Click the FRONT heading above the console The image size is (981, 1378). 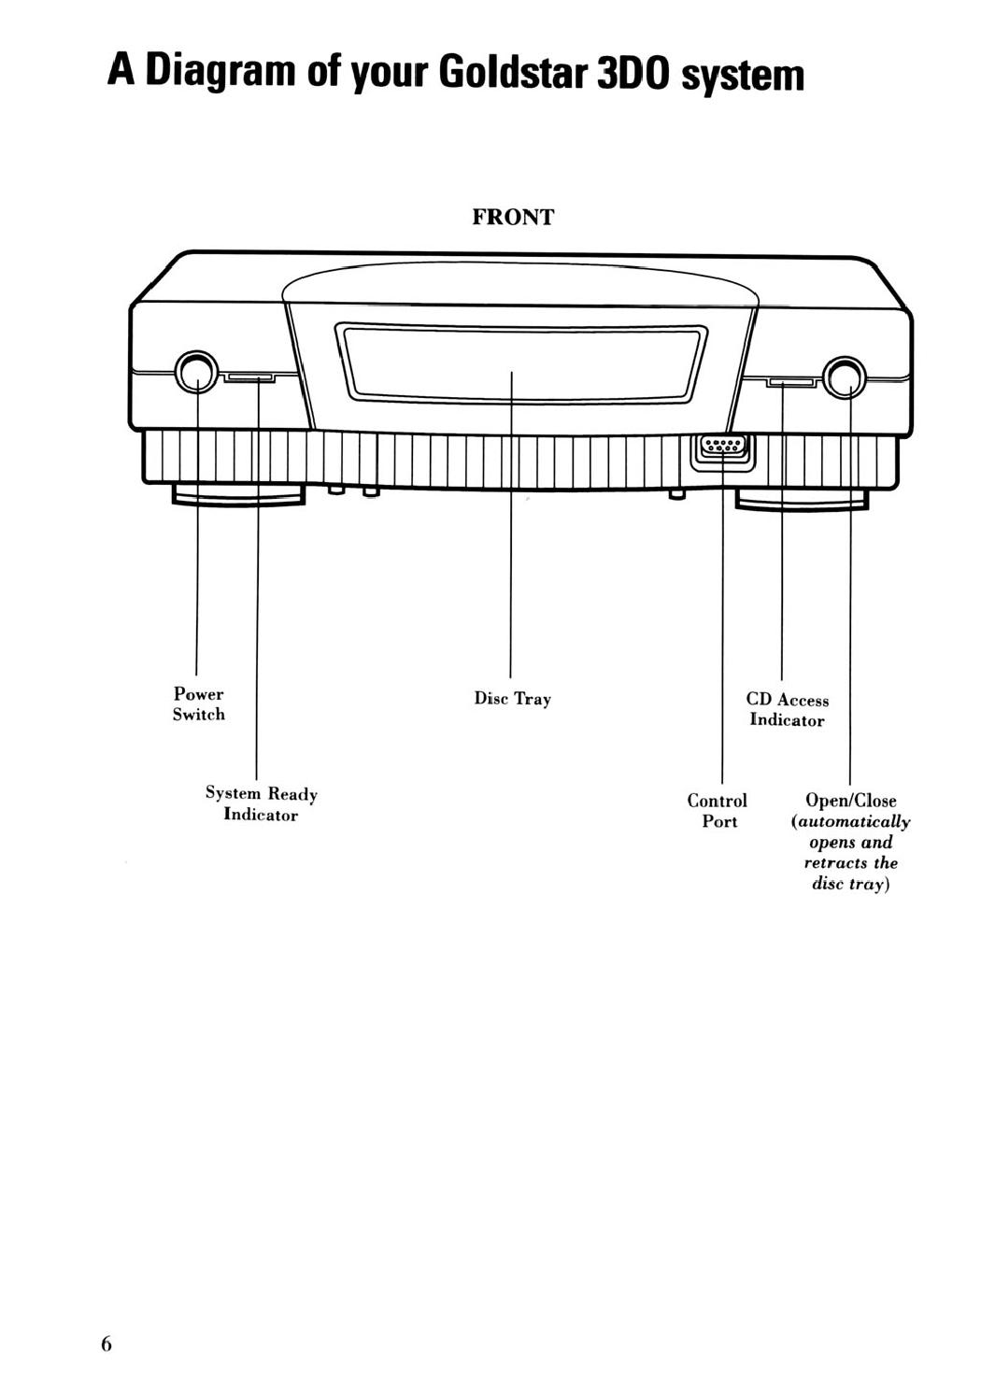click(513, 217)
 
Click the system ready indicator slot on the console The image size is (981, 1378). click(249, 377)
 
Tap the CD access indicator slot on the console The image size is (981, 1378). click(791, 383)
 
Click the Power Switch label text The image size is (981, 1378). click(198, 703)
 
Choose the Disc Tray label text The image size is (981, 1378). click(512, 699)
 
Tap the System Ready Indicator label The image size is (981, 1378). click(262, 804)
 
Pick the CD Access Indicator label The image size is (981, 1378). click(788, 710)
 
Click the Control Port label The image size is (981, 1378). click(718, 811)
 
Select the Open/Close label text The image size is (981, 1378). click(850, 801)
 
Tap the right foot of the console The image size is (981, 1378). click(802, 500)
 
